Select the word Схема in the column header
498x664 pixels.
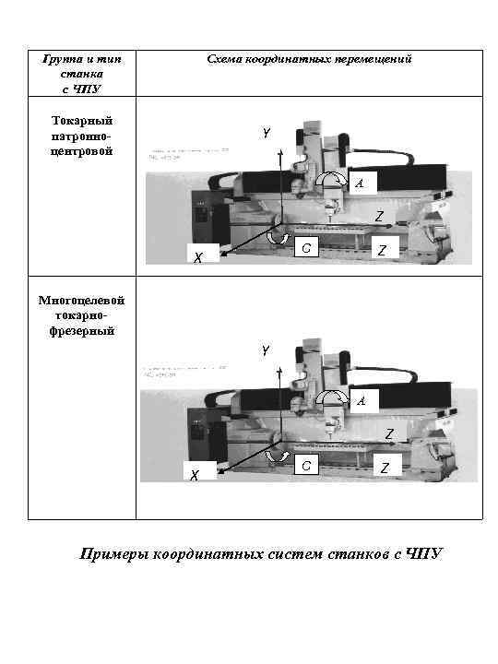[225, 59]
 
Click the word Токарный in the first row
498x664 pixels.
[82, 121]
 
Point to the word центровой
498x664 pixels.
[82, 150]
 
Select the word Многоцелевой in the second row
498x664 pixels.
[82, 301]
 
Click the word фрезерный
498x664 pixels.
[82, 330]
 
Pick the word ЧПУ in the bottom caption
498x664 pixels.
[423, 553]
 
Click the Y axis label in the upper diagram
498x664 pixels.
[266, 134]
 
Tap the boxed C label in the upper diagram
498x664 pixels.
[306, 248]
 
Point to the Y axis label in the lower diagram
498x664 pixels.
[266, 351]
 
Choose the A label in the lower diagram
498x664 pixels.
[361, 401]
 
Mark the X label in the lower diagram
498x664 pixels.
[194, 475]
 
